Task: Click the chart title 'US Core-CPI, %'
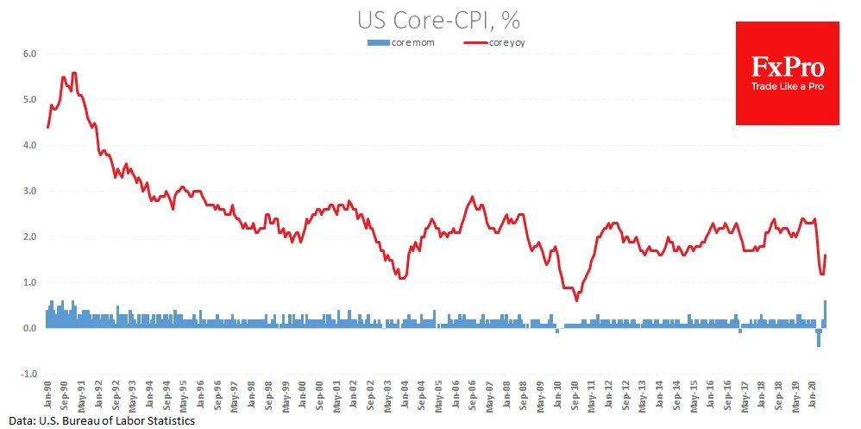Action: coord(438,19)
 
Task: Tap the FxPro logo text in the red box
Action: coord(787,67)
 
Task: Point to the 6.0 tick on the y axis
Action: coord(29,54)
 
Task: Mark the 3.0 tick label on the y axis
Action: coord(29,191)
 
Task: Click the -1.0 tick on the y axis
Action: coord(28,374)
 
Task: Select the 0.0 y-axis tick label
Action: coord(29,328)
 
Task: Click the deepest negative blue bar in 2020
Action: coord(819,338)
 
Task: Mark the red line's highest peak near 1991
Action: coord(74,73)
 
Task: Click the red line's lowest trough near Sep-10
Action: coord(576,300)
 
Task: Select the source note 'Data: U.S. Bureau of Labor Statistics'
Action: coord(97,420)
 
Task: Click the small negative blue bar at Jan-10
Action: coord(557,331)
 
